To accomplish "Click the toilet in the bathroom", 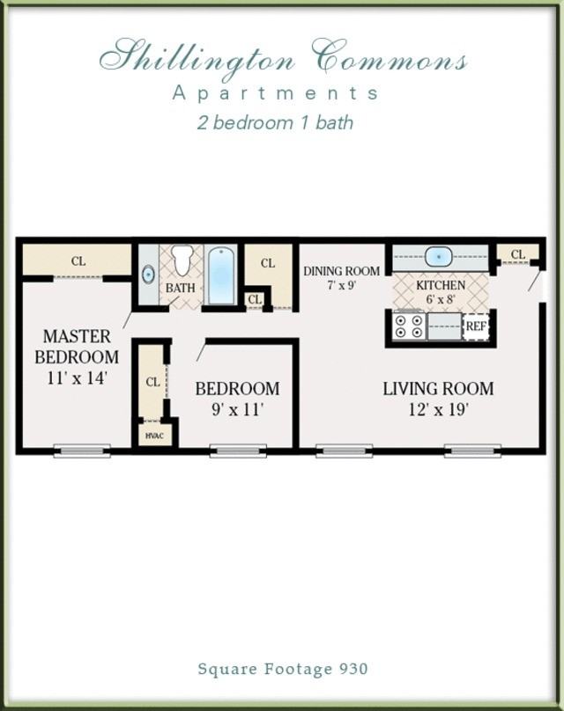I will (x=182, y=260).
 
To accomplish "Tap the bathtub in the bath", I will (x=221, y=275).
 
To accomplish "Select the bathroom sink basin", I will (x=147, y=275).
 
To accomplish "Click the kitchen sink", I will (x=438, y=257).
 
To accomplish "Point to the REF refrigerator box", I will (x=476, y=326).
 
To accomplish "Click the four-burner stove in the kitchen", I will (x=407, y=326).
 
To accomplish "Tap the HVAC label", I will (x=153, y=435).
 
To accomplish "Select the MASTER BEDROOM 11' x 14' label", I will (x=77, y=357).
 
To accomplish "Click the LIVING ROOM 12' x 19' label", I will (x=438, y=399).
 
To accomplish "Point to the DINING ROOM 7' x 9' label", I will (x=341, y=277).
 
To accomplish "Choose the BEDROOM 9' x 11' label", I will (x=237, y=399).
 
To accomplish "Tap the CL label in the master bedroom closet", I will (x=78, y=261).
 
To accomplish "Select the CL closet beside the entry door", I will (x=518, y=255).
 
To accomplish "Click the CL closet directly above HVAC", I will (x=152, y=382).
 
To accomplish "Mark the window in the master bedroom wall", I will (x=82, y=451).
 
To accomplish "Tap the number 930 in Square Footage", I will (x=352, y=669).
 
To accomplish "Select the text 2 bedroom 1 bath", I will (x=275, y=122).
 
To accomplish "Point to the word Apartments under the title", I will (x=276, y=92).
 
